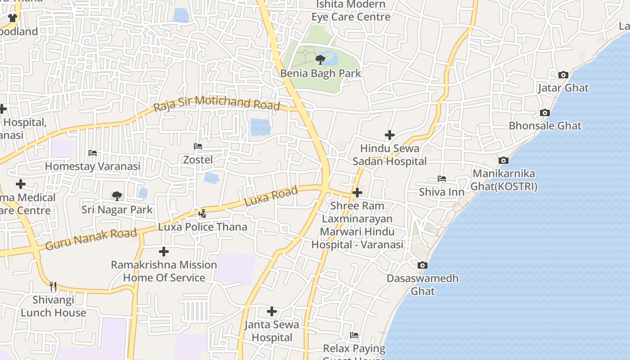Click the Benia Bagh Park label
320,73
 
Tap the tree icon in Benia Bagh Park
320,59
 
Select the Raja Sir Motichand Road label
216,103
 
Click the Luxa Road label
271,197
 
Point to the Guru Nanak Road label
91,239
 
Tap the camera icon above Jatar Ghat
563,75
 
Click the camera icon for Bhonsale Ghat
545,113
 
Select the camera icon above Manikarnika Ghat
504,161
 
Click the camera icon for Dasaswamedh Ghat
422,265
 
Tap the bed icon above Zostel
198,146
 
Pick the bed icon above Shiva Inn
442,179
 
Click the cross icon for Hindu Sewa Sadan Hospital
390,135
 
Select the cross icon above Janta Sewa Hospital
272,311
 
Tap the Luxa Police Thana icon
202,214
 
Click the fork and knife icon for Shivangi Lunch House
53,286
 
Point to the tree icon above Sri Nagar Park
117,196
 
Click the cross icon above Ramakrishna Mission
164,252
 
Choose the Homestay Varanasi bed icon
93,153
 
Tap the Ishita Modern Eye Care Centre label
351,11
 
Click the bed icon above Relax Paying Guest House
354,335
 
